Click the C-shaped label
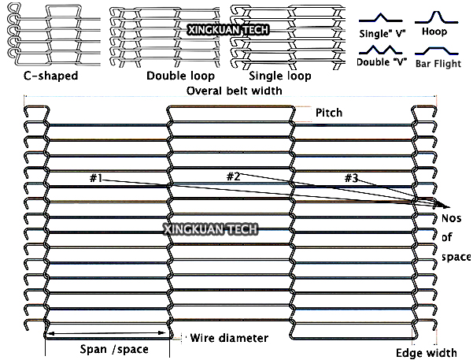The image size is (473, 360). coord(50,76)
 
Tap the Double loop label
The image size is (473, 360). coord(180,76)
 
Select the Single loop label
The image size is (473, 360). coord(280,76)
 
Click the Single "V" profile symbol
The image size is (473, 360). coord(380,18)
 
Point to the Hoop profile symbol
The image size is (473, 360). coord(436,17)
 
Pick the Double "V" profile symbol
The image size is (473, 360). coord(380,50)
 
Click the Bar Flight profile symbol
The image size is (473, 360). coord(437,50)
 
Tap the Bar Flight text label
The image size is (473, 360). coord(438,64)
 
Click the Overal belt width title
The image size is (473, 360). coord(234,91)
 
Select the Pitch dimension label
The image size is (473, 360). coord(329,113)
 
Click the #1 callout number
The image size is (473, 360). coord(96,178)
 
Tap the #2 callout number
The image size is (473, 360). coord(233,176)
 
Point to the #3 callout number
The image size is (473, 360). coord(351,178)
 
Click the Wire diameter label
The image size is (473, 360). coord(229,338)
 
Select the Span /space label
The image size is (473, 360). coord(114,349)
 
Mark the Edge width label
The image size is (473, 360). coord(427,353)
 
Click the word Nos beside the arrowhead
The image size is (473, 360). coord(451,218)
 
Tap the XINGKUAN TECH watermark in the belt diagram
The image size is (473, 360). coord(211,229)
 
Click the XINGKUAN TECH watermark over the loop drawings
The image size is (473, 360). coord(228,30)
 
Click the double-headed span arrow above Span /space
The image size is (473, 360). coord(106,333)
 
